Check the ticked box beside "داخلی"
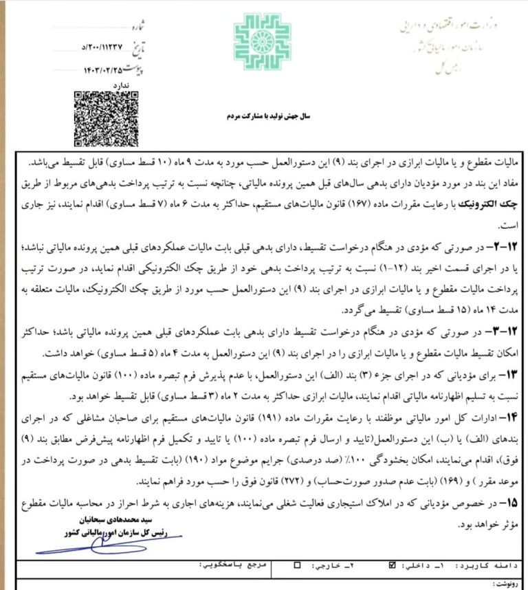coord(393,565)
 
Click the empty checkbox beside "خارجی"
coord(297,565)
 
